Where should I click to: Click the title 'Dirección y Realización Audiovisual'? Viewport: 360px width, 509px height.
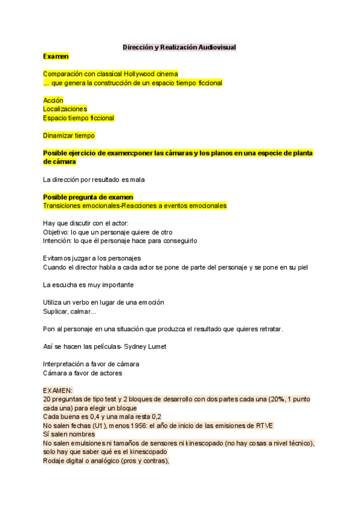coord(179,47)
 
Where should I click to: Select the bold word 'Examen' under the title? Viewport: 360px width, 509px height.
coord(56,56)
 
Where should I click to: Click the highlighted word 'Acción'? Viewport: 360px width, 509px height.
coord(53,100)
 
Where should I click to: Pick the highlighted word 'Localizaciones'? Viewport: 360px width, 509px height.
coord(65,109)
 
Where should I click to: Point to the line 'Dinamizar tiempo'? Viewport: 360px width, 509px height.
coord(69,136)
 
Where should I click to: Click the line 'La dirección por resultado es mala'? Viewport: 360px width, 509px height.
coord(94,179)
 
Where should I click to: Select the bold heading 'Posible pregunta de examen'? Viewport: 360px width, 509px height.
coord(88,197)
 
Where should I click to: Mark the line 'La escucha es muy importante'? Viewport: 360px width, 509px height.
coord(88,285)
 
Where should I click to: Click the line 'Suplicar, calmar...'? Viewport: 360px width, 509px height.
coord(69,311)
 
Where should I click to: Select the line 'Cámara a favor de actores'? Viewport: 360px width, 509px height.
coord(82,373)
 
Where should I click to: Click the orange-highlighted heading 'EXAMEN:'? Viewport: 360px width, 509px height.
coord(58,390)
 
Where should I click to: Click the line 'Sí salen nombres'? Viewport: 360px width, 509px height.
coord(69,434)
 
